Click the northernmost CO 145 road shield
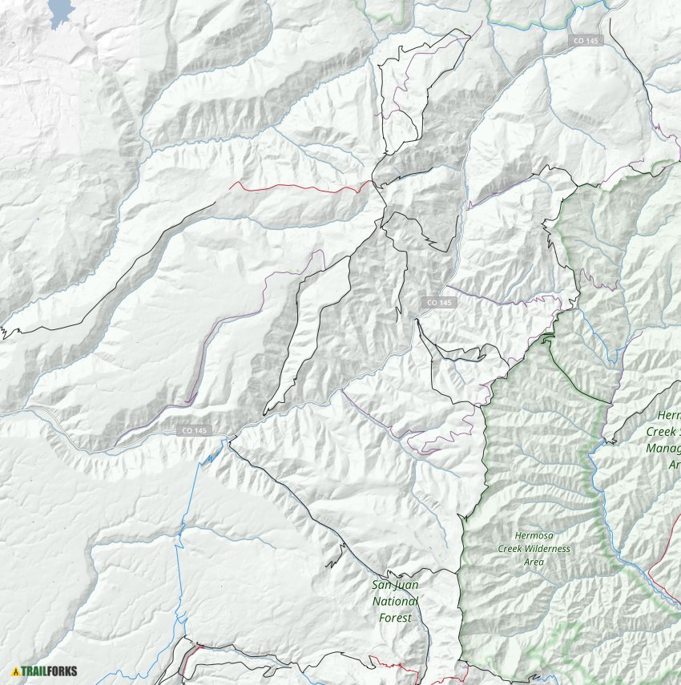pyautogui.click(x=584, y=40)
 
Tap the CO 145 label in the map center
pyautogui.click(x=439, y=302)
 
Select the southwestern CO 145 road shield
pyautogui.click(x=193, y=431)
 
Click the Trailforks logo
pyautogui.click(x=45, y=671)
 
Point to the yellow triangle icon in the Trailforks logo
pyautogui.click(x=15, y=671)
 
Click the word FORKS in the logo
pyautogui.click(x=61, y=671)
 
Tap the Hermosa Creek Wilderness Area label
pyautogui.click(x=543, y=548)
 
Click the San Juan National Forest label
pyautogui.click(x=396, y=601)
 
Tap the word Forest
pyautogui.click(x=396, y=618)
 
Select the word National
pyautogui.click(x=396, y=601)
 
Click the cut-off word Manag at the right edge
pyautogui.click(x=663, y=449)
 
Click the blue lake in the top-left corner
pyautogui.click(x=61, y=11)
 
